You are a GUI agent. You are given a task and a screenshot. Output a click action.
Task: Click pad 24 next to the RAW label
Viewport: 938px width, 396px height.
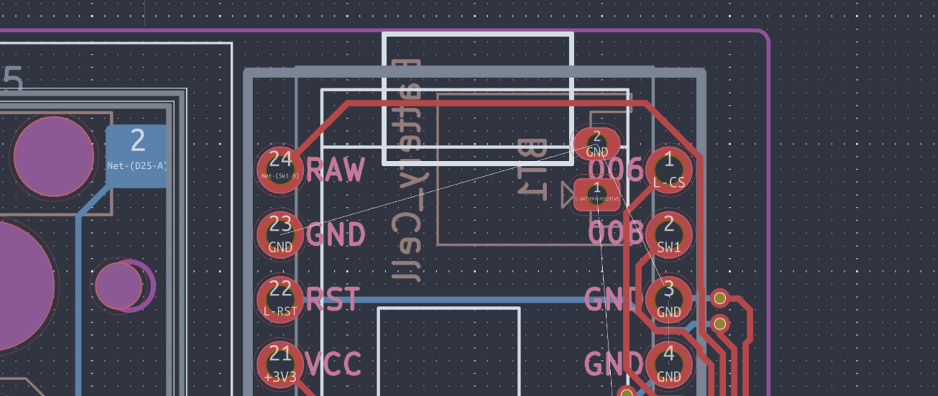[x=280, y=170]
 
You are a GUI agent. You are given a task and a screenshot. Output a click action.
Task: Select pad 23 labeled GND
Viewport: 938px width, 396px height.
[x=280, y=234]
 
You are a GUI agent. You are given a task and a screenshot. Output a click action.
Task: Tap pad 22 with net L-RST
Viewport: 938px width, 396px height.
[x=280, y=298]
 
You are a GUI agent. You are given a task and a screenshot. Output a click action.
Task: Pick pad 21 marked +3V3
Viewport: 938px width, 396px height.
[x=280, y=363]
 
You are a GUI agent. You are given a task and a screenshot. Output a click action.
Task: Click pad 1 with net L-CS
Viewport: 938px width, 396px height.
[x=669, y=170]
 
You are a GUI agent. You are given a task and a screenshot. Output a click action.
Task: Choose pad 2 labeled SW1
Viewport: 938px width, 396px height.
[x=669, y=234]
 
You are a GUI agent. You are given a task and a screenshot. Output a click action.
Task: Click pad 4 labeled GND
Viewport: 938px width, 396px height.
[x=669, y=364]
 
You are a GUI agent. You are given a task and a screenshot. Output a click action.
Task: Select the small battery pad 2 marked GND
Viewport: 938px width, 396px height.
[x=597, y=144]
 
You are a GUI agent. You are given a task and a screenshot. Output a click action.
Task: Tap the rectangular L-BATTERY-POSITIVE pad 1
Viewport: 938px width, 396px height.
[x=597, y=194]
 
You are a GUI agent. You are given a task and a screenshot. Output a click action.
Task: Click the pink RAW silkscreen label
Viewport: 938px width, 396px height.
[x=336, y=170]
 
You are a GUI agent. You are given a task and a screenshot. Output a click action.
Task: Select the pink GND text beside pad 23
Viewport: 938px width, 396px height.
[x=336, y=234]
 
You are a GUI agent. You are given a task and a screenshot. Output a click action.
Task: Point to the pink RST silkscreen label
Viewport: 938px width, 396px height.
[x=333, y=299]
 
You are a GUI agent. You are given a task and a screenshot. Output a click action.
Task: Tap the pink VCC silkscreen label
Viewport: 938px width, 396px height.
[x=334, y=364]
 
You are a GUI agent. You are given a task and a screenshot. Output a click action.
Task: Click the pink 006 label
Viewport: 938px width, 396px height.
[x=615, y=170]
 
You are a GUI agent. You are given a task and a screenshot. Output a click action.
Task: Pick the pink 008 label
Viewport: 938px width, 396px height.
[x=615, y=234]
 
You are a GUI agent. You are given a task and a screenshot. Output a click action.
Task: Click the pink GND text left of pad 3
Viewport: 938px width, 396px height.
[x=613, y=299]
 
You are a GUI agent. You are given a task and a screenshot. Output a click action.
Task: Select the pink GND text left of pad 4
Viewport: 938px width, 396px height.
[x=613, y=364]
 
